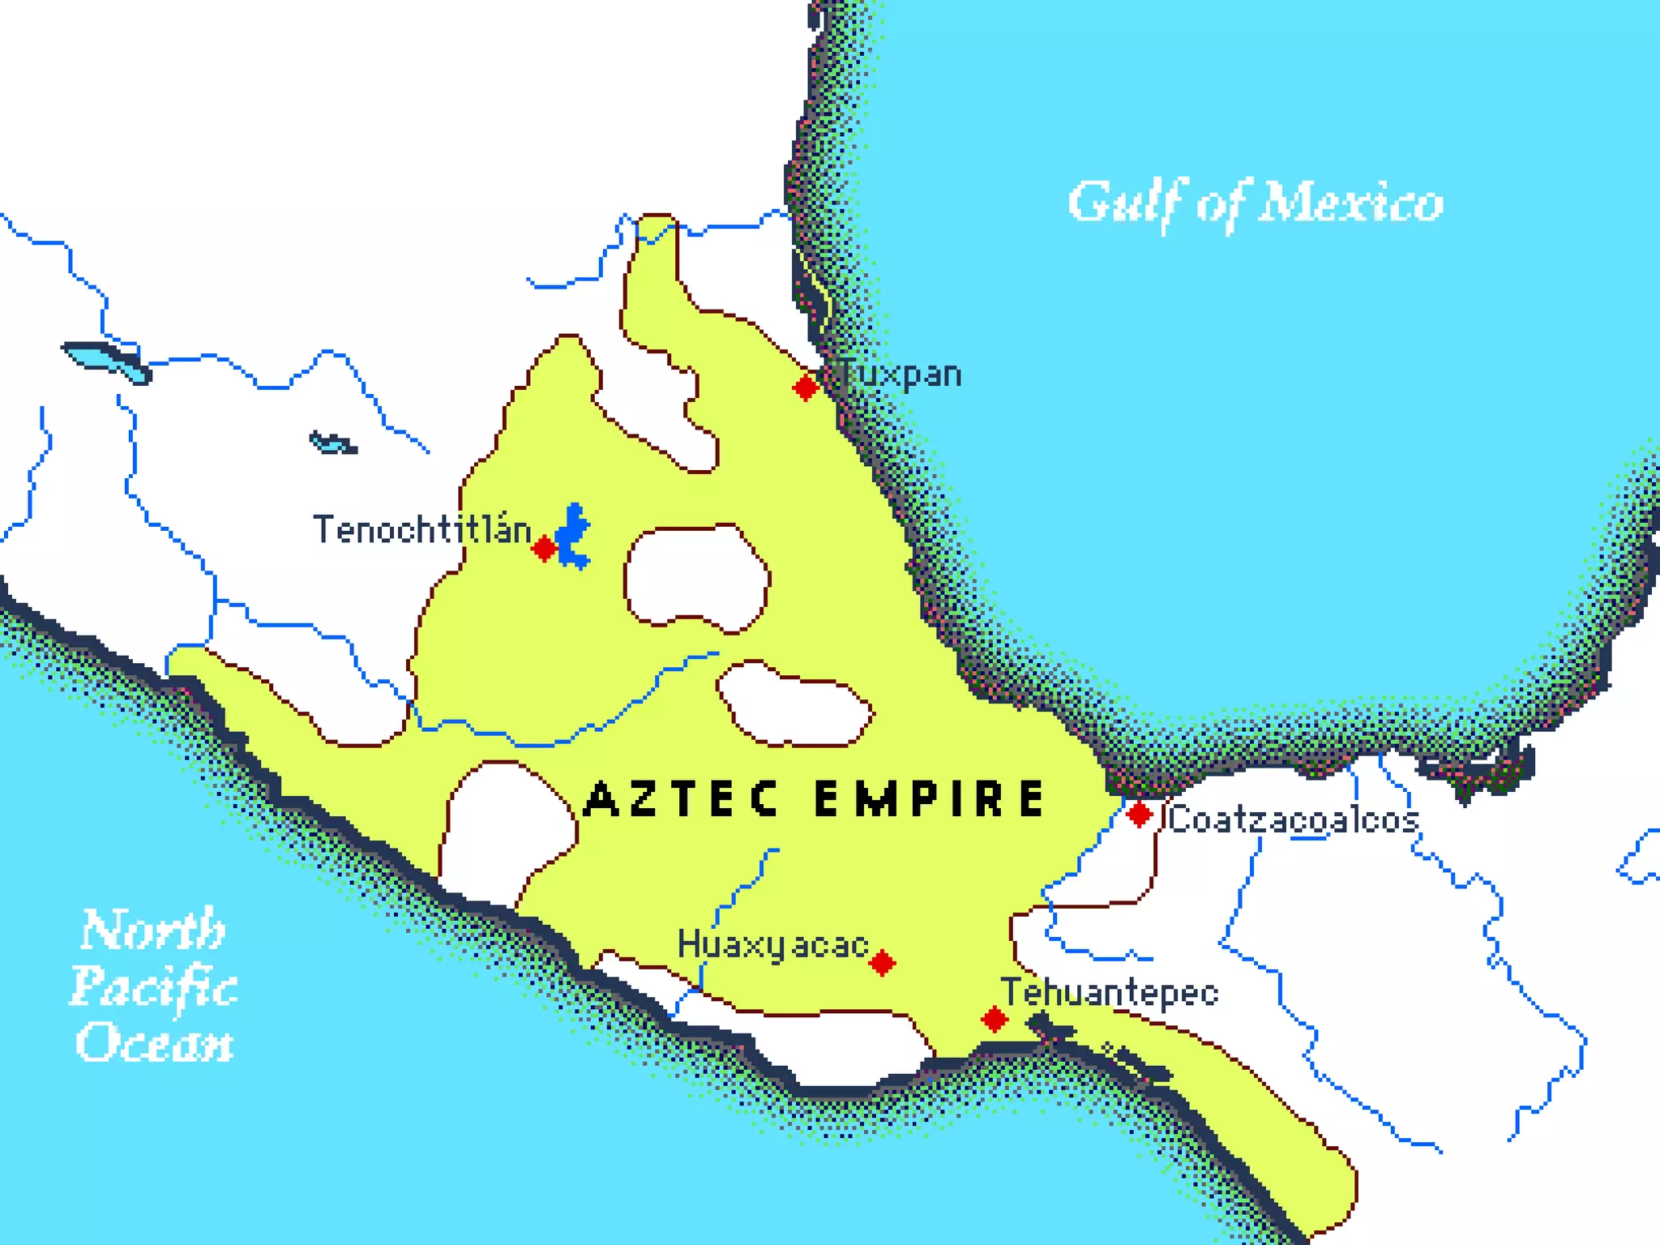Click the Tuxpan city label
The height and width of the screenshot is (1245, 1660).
900,374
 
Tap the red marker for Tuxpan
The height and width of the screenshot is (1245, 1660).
806,387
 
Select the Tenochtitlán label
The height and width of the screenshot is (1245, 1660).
421,529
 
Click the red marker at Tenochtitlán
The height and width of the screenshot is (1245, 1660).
544,549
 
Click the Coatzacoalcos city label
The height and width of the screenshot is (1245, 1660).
1293,819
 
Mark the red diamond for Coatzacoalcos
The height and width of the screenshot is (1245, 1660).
1139,814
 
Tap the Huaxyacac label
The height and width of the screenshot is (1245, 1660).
772,945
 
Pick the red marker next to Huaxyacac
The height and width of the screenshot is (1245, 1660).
882,963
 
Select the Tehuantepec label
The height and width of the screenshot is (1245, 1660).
1109,993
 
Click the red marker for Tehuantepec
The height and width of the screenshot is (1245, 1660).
995,1019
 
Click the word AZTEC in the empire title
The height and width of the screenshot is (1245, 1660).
682,798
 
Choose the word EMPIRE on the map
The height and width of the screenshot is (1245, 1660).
930,798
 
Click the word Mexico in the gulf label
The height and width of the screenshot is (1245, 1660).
1350,203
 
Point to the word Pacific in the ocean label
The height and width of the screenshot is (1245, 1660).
154,987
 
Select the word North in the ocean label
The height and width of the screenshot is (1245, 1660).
152,930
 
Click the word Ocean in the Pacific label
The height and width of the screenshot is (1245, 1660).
154,1042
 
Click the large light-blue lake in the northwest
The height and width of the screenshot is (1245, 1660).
105,360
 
